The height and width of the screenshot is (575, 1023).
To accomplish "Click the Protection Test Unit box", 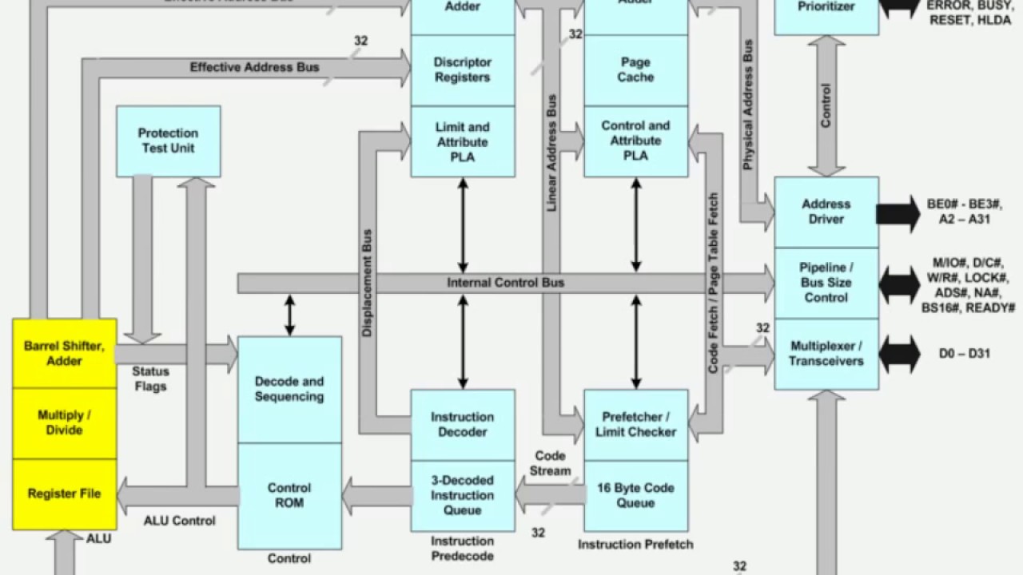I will point(168,141).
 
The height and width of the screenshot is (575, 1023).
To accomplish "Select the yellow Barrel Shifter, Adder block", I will point(64,354).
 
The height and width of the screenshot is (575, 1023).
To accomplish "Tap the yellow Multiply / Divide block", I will point(64,423).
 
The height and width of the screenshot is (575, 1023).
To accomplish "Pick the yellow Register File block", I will point(64,494).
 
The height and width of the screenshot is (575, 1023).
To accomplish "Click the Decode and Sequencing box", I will point(289,389).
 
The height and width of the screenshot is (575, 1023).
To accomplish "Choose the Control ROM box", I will point(289,495).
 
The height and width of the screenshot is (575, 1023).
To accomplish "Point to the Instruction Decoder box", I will point(463,424).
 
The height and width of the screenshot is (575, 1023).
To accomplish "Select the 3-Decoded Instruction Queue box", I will point(463,495).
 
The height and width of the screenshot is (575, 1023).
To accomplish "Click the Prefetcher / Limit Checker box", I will point(636,424).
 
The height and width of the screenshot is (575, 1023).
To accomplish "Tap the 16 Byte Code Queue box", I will point(636,495).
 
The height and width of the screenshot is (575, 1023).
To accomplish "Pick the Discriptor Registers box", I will point(463,69).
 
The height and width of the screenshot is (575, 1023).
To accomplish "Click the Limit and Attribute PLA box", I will point(463,141).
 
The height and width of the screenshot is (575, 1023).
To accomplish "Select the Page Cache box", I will point(636,69).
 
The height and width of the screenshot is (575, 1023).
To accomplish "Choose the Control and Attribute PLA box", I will point(636,141).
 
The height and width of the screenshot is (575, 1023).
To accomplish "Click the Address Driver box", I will point(826,212).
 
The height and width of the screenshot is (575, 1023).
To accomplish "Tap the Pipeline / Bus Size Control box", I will point(826,283).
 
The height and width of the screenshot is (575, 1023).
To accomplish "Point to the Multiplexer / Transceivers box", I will point(826,354).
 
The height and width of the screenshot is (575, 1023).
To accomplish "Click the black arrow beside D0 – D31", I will point(900,353).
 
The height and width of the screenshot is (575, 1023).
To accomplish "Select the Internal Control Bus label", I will point(505,283).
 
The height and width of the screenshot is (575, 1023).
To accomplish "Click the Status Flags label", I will point(150,379).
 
